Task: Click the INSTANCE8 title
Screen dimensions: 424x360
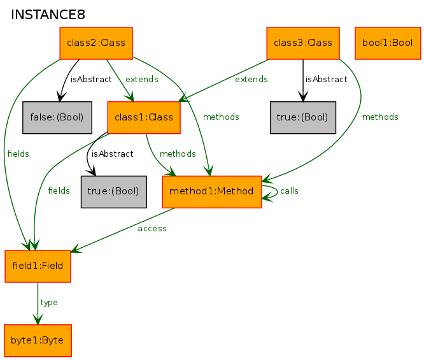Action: pyautogui.click(x=48, y=15)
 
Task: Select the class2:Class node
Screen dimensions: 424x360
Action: pyautogui.click(x=96, y=43)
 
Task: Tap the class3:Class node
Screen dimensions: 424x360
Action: pyautogui.click(x=303, y=43)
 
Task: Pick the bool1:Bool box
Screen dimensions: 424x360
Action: pyautogui.click(x=388, y=43)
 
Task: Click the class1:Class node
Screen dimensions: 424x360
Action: pyautogui.click(x=144, y=117)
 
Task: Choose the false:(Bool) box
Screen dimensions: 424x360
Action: pyautogui.click(x=57, y=117)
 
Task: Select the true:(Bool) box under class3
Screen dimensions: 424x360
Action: pyautogui.click(x=303, y=117)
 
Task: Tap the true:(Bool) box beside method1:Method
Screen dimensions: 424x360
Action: pyautogui.click(x=114, y=192)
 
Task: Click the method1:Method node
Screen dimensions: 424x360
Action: pyautogui.click(x=212, y=192)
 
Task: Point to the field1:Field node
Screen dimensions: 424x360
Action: pyautogui.click(x=38, y=266)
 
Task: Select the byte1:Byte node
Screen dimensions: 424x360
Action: pyautogui.click(x=38, y=340)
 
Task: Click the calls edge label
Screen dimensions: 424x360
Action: pyautogui.click(x=289, y=191)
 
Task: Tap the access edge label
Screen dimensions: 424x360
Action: pyautogui.click(x=152, y=229)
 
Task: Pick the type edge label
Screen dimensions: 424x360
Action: pyautogui.click(x=49, y=303)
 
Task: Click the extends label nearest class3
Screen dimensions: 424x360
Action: pyautogui.click(x=251, y=79)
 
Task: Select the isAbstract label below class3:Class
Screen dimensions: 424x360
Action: pyautogui.click(x=326, y=79)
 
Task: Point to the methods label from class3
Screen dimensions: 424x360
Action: pyautogui.click(x=380, y=117)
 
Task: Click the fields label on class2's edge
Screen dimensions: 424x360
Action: pyautogui.click(x=18, y=154)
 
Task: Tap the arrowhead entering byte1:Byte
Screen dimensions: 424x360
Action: pyautogui.click(x=38, y=319)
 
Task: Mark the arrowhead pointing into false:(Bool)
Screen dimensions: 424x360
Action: pyautogui.click(x=60, y=97)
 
